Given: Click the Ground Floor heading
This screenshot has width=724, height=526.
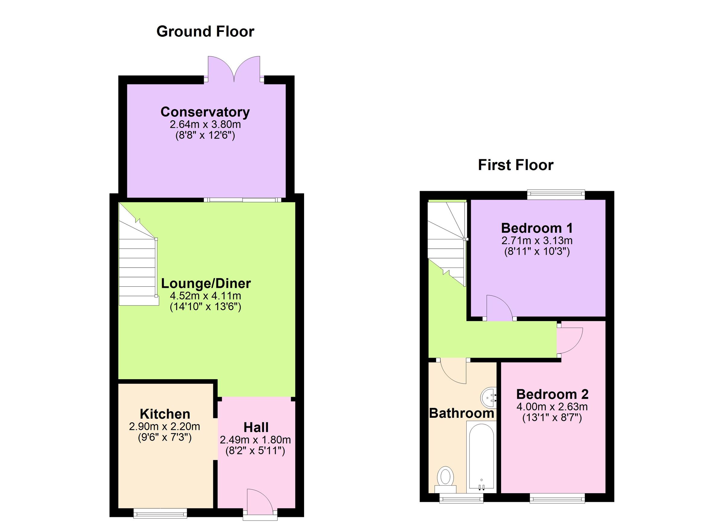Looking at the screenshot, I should (205, 32).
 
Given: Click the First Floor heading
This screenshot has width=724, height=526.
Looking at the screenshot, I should (516, 165).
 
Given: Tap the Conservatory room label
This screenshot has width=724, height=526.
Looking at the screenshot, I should (205, 112).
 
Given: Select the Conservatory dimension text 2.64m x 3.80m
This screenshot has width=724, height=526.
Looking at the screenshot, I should (205, 124).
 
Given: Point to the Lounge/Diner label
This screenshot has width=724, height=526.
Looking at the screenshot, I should (206, 284).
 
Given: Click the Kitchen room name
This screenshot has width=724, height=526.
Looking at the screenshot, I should (165, 414).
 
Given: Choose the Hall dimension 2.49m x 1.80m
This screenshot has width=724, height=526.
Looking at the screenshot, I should (255, 440).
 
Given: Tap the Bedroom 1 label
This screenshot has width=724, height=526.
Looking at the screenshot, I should (537, 228).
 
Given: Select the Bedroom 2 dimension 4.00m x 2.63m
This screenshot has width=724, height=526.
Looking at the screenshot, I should (552, 406).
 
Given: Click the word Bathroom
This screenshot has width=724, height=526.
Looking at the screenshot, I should (462, 413).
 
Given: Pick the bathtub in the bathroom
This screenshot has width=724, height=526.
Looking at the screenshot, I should (481, 456).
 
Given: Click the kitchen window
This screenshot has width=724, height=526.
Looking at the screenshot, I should (160, 512).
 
